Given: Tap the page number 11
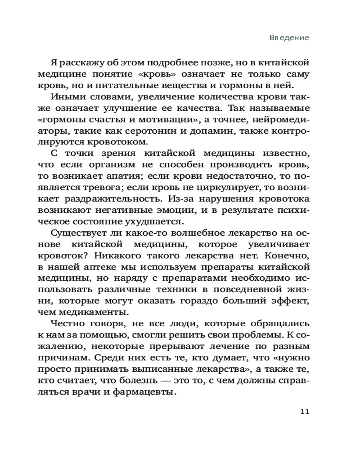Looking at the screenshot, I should click(304, 412).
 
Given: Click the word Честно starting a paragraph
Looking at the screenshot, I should click(70, 324).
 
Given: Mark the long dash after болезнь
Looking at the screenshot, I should click(153, 381).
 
